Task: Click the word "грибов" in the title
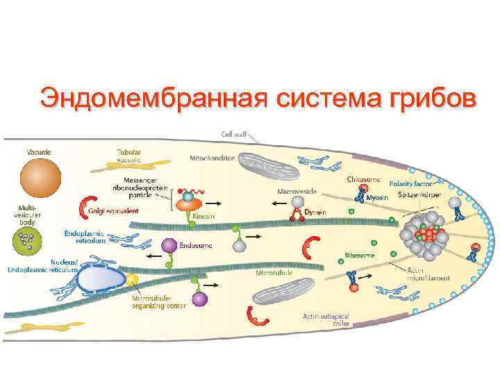point(419,98)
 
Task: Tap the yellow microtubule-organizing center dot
point(132,279)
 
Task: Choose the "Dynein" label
point(315,211)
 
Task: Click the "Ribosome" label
point(360,255)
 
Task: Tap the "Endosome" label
point(191,244)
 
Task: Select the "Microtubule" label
point(272,273)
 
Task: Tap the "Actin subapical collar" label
point(326,319)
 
